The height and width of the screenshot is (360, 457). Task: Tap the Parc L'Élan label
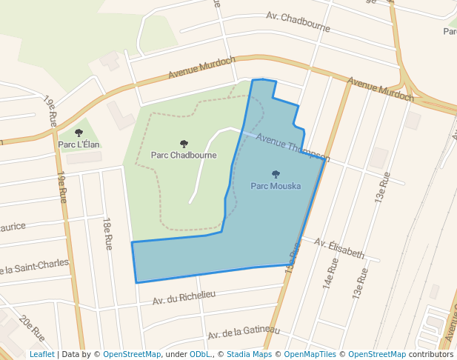point(79,144)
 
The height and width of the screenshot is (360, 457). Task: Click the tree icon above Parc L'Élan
point(79,133)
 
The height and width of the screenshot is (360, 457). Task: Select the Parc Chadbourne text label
point(184,156)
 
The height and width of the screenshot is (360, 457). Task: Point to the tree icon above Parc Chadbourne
point(184,144)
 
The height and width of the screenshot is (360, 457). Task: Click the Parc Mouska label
point(276,186)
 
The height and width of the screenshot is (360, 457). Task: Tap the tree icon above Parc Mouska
point(276,175)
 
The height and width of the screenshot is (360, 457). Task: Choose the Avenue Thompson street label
point(293,147)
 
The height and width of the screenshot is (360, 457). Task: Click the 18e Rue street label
point(108,233)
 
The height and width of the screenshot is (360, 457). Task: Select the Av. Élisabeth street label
point(339,247)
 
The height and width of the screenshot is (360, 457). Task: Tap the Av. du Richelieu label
point(184,298)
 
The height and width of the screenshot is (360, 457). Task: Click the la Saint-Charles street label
point(34,264)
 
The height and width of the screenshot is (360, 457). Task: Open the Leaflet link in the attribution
point(42,354)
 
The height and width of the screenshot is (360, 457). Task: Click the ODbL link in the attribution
point(199,354)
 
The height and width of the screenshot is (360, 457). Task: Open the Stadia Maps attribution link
point(249,354)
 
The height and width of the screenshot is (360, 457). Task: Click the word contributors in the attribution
point(430,354)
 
